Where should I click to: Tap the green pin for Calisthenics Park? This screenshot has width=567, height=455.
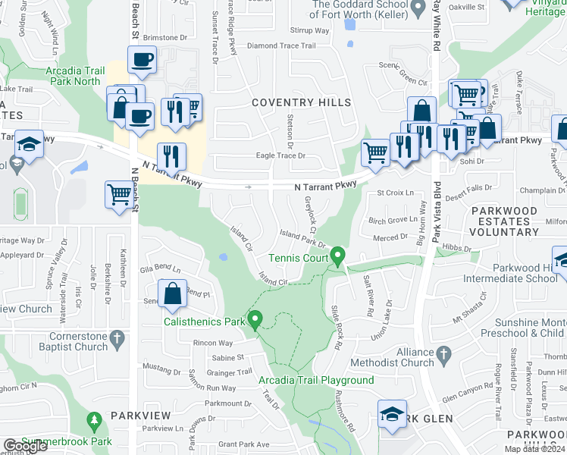pos(255,321)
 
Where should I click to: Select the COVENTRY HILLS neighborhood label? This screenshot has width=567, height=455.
pos(301,102)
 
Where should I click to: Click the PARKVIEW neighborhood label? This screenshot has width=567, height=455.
pos(141,416)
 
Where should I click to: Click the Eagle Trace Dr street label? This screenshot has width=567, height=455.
pos(280,155)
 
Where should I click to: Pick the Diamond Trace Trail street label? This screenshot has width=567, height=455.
pos(281,45)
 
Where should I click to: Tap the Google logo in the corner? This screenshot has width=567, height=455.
pos(25,447)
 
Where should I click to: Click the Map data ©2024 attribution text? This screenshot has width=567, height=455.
pos(534,449)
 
